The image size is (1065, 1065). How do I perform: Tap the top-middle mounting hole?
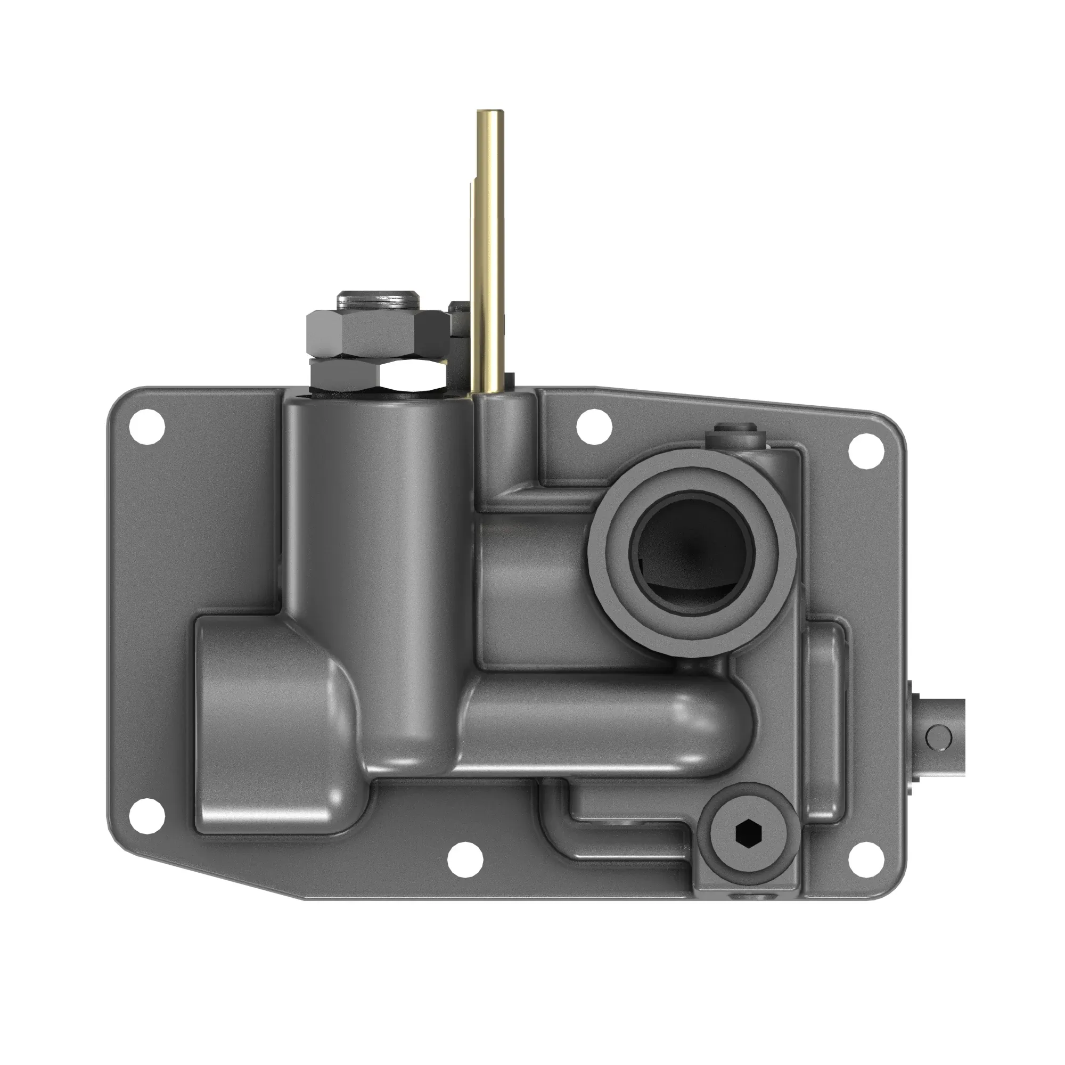tap(595, 426)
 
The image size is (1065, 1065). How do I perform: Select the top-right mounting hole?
tap(866, 451)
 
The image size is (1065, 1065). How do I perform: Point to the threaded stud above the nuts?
tap(378, 300)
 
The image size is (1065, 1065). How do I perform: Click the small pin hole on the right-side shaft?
tap(938, 736)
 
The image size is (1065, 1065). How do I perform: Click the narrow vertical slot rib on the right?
tap(824, 722)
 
